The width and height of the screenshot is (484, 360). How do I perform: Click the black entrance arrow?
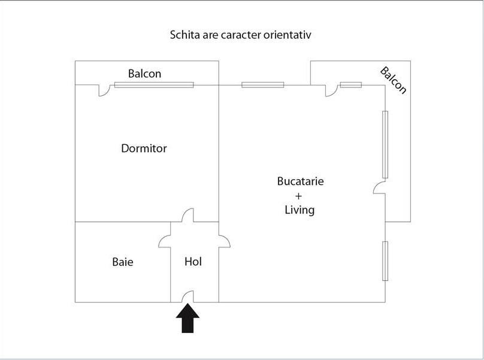coord(187,318)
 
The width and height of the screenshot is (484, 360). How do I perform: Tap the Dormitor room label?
coord(144,149)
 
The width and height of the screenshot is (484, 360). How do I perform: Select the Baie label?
coord(123,262)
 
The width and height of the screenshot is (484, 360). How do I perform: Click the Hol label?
coord(193,262)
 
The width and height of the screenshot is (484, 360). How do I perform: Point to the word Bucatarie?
coord(300,181)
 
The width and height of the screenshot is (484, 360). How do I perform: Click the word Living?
coord(300,210)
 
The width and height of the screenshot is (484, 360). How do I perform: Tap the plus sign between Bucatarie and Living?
coord(298,196)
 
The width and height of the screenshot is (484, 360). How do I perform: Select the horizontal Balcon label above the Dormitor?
coord(145,74)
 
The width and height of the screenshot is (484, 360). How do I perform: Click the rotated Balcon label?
coord(393,80)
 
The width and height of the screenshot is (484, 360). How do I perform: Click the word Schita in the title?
coord(185,35)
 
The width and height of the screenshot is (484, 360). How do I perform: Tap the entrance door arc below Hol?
coord(187,297)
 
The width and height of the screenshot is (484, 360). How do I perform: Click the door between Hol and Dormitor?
coord(187,215)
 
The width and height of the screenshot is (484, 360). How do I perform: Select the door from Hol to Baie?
coord(165,241)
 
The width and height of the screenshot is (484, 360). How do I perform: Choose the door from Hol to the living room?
coord(225,241)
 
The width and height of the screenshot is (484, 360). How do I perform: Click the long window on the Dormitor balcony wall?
coord(154,85)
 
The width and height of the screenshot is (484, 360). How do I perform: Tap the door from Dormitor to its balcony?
coord(105,90)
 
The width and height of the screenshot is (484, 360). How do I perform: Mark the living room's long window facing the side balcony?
coord(385,144)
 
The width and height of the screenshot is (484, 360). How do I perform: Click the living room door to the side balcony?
coord(379,187)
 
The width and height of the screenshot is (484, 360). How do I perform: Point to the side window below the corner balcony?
coord(385,261)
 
